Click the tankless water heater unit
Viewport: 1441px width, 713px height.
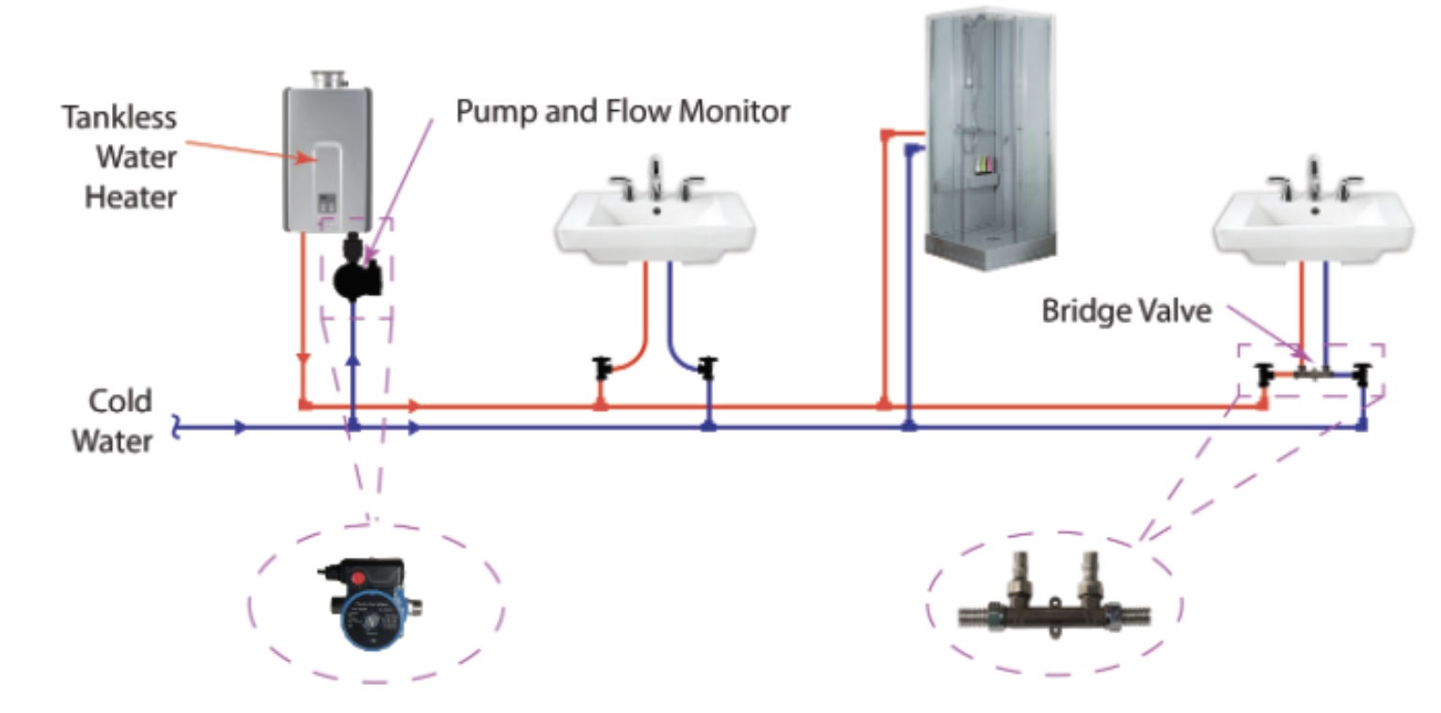326,160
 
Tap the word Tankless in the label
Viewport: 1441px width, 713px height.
119,118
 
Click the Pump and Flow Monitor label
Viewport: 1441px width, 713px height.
622,112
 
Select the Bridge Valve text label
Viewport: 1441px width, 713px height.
1126,311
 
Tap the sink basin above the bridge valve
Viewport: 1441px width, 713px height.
1313,226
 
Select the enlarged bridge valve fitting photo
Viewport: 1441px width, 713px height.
1053,602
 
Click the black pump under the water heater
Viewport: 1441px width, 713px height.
358,275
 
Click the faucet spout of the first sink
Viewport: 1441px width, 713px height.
656,178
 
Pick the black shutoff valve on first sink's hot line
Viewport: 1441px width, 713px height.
602,367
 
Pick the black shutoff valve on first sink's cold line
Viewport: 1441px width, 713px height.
708,367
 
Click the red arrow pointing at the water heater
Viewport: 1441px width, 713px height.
249,151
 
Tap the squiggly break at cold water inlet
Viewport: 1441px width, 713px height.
176,428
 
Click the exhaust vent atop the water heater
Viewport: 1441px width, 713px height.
327,79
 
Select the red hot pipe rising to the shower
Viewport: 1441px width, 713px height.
884,273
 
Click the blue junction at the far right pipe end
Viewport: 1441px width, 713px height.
1362,426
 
